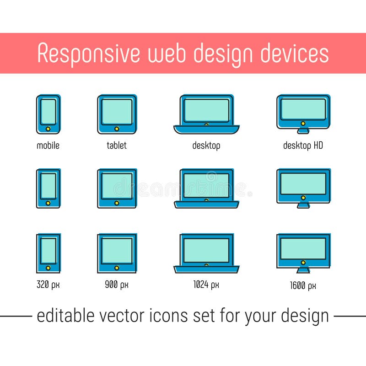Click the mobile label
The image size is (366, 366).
48,145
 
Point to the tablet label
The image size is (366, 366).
116,145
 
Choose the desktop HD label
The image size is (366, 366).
303,145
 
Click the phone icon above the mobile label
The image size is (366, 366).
48,114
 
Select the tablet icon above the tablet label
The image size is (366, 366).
117,114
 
